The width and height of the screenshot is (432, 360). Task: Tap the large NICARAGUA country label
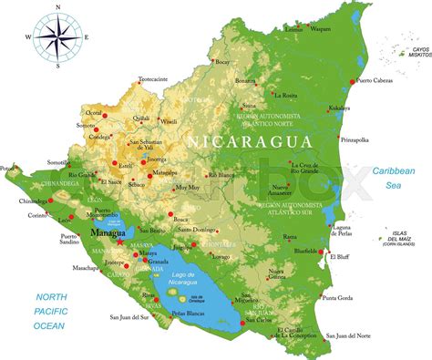click(249, 141)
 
